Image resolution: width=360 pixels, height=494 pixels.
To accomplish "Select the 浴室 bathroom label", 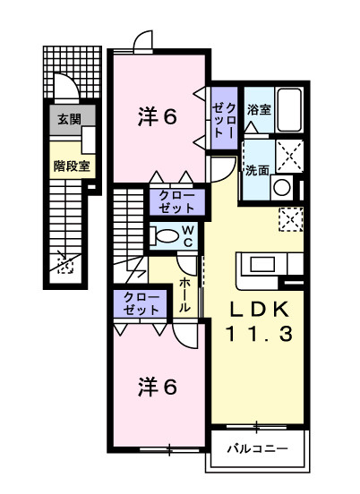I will pos(259,109).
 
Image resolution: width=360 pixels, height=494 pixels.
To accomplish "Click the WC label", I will pos(189,236).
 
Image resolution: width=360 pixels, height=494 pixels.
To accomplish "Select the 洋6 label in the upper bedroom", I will pos(157,115).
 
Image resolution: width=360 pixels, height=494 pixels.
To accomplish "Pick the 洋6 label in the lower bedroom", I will pos(157,387).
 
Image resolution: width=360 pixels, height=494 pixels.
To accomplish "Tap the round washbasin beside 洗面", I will pos(282,187).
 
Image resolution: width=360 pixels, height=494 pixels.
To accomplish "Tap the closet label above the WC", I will pos(176,200).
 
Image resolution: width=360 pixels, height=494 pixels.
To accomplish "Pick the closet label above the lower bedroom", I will pos(140,304).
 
